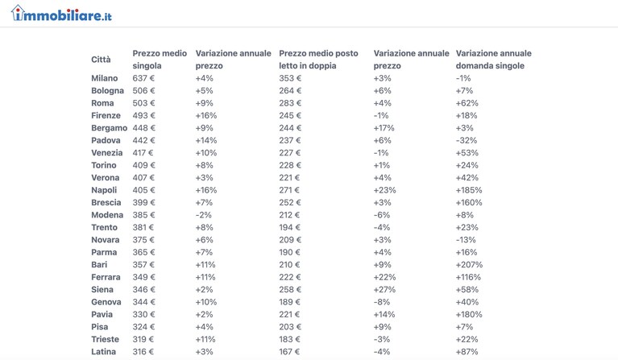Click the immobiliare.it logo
tap(61, 14)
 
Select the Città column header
tap(101, 60)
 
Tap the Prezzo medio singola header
tap(160, 60)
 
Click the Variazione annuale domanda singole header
tap(493, 60)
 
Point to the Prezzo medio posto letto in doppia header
tap(318, 60)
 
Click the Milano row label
tap(105, 78)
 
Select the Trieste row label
tap(105, 340)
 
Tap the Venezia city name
tap(107, 153)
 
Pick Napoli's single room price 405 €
tap(143, 190)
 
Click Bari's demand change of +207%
tap(469, 265)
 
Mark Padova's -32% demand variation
tap(467, 141)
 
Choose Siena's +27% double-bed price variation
tap(384, 289)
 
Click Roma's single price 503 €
tap(143, 103)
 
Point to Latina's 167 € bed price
tap(289, 352)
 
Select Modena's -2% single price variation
tap(203, 215)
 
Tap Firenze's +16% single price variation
tap(206, 115)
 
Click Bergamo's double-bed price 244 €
tap(290, 128)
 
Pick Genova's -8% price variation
tap(382, 302)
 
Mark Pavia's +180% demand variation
tap(469, 314)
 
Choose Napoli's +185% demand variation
tap(469, 190)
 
